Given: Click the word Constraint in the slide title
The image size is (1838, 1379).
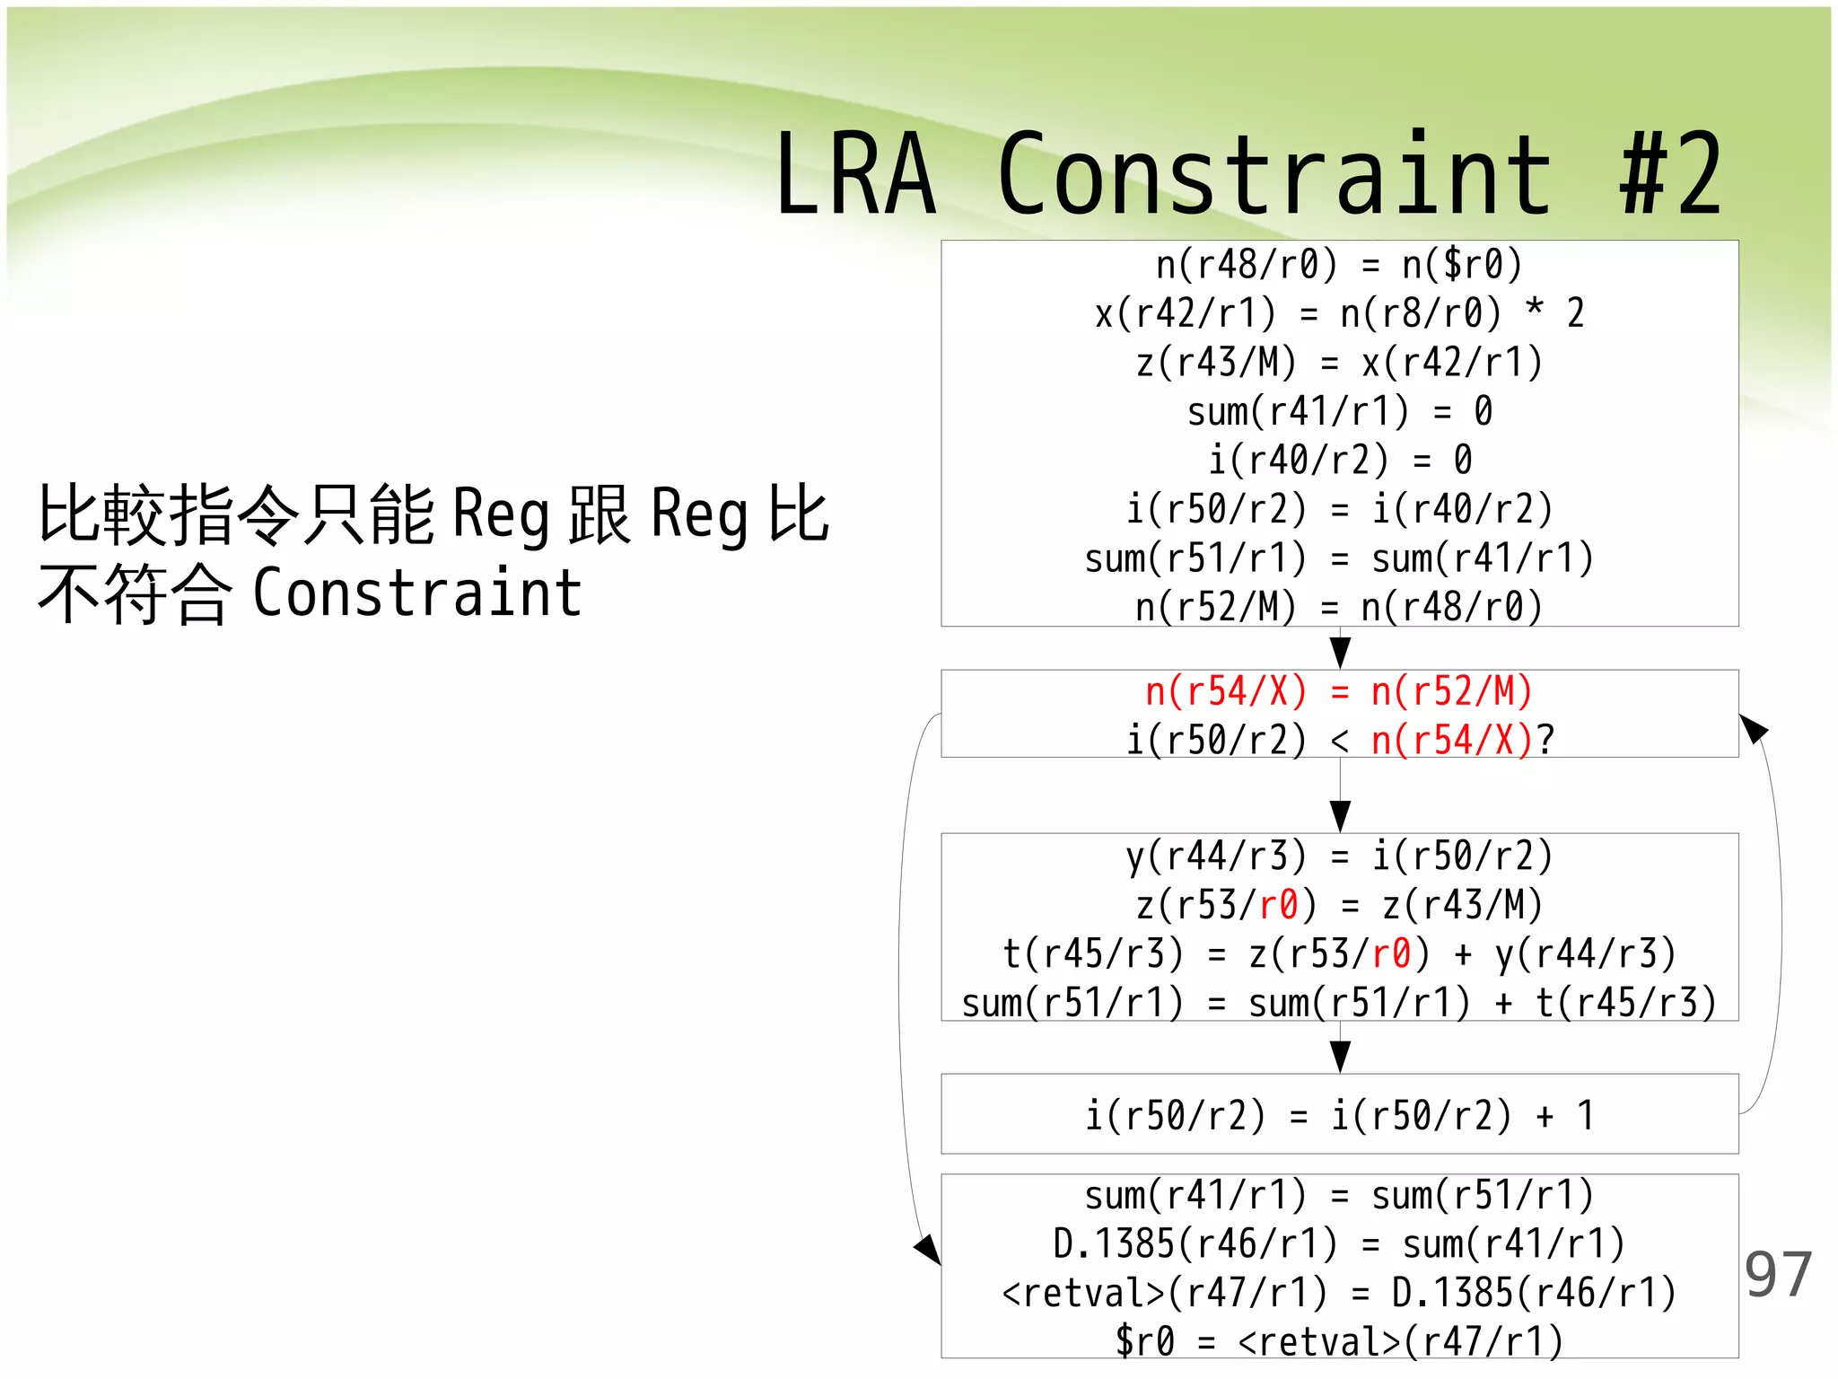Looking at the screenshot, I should pos(1274,175).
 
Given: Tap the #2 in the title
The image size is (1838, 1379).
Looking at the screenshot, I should pos(1671,175).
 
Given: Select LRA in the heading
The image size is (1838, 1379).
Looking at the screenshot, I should pos(856,175).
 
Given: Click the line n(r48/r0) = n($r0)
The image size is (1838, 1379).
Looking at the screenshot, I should pos(1339,265).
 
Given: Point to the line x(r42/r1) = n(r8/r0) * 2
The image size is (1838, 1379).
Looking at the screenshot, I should pos(1339,313).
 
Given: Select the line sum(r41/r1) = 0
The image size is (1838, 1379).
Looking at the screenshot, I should pos(1339,411).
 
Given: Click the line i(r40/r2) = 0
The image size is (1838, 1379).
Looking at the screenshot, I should pos(1339,460).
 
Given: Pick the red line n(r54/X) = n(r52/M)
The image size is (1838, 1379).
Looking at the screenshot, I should pos(1339,692).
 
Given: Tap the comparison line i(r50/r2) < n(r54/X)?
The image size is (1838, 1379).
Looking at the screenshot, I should pos(1339,740).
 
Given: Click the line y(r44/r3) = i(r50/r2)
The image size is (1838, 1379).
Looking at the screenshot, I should pos(1339,856).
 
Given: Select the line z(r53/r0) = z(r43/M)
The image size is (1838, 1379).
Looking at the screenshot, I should pos(1339,904).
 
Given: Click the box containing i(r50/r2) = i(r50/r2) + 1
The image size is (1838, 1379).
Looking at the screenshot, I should pos(1339,1114).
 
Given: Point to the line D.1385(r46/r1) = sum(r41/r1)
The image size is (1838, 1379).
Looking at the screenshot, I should pos(1339,1244).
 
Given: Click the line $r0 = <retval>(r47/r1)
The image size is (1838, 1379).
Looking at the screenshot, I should pos(1339,1341).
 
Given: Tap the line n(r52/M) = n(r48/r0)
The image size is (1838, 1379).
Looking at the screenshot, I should pos(1339,607).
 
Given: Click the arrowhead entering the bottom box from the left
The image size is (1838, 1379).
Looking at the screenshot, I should pos(928,1249).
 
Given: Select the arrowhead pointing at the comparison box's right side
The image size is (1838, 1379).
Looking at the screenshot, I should pos(1753,727).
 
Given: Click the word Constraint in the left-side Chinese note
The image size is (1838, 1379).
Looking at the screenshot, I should pos(417,593).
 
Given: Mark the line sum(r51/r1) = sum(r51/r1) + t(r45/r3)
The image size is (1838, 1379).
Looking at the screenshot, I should pos(1339,1002).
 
